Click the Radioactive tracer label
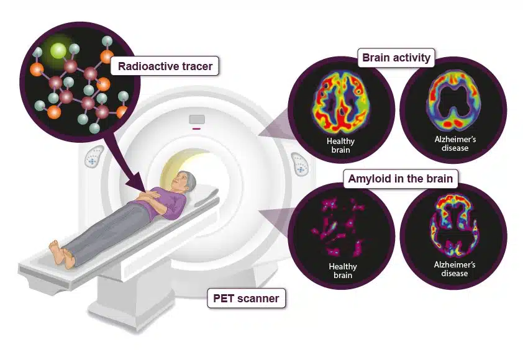pos(165,66)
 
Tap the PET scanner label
pos(246,298)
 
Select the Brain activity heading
pos(396,58)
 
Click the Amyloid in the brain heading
pos(400,179)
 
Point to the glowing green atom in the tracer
pos(58,51)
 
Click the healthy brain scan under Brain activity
pos(341,103)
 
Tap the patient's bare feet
pos(62,254)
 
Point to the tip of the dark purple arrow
pos(145,191)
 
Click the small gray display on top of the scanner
pos(197,119)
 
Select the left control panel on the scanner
pos(93,156)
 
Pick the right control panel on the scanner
pos(300,164)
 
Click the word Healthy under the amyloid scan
pos(342,266)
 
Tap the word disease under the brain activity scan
pos(455,148)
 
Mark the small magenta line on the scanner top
pos(196,128)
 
